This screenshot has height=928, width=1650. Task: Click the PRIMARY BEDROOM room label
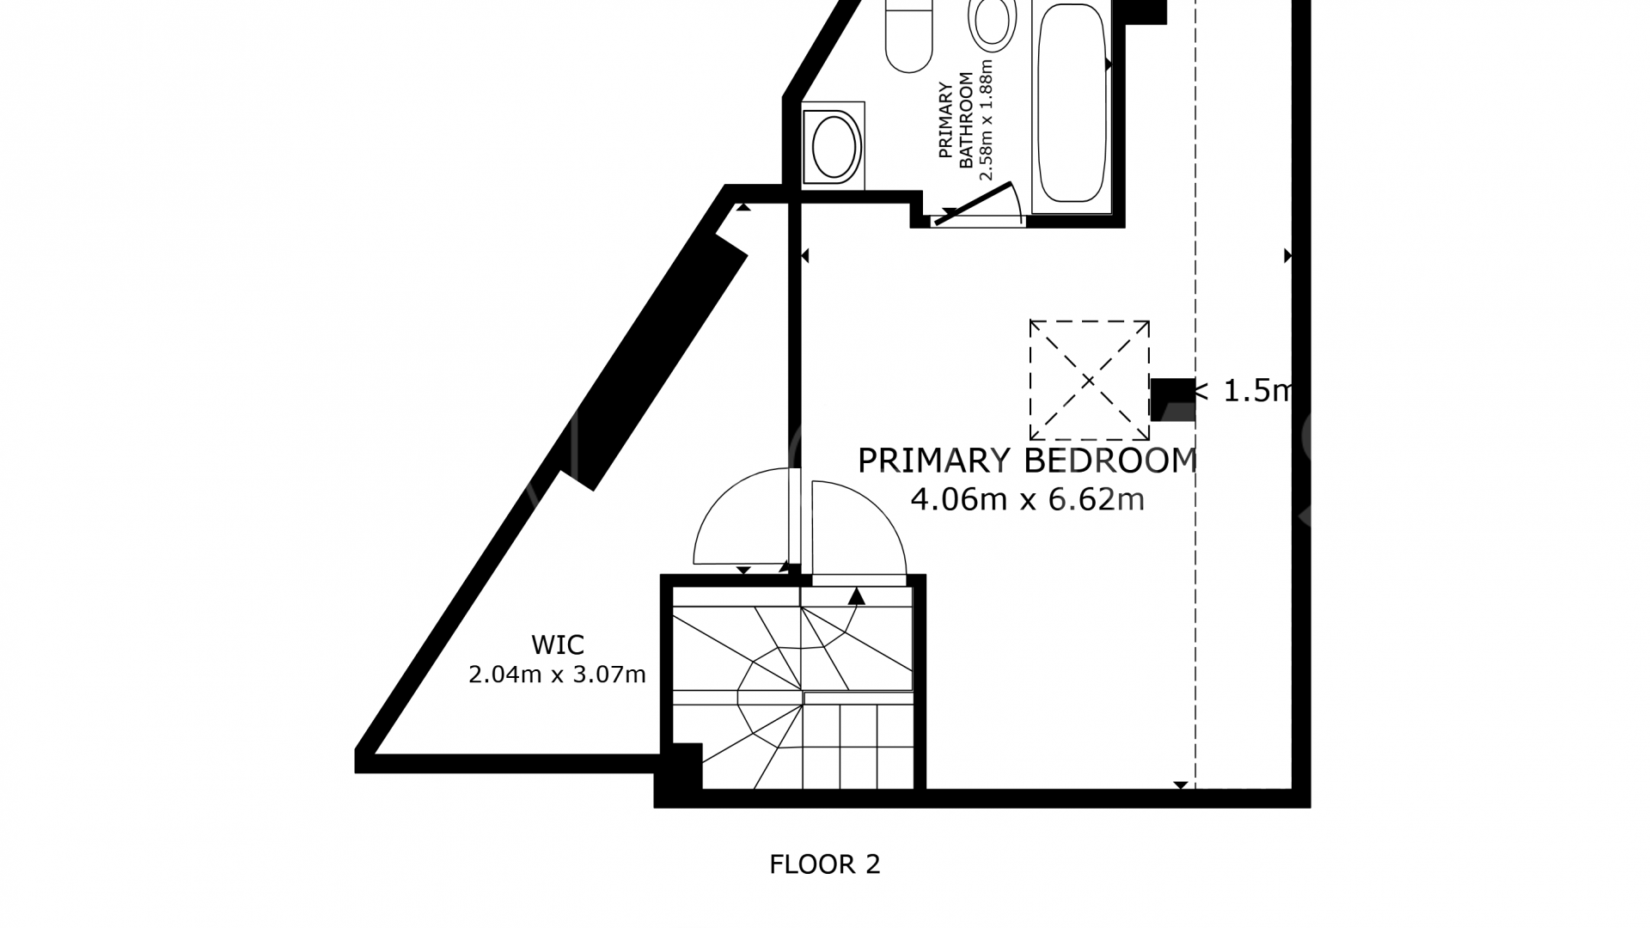point(1028,461)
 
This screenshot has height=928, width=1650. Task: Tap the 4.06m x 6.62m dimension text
point(1028,499)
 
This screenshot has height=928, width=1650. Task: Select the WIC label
point(558,644)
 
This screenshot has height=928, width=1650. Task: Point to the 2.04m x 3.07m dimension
point(557,675)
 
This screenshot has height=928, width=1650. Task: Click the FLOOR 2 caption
point(825,864)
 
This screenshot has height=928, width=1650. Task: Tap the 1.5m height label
point(1244,391)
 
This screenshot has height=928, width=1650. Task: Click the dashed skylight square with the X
point(1090,380)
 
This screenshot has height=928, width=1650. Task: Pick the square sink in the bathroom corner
point(834,145)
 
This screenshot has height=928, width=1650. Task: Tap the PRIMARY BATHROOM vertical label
point(955,120)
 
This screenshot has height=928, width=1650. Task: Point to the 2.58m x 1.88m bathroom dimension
point(986,119)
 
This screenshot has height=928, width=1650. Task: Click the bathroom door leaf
point(973,203)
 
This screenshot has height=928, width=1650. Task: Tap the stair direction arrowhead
point(856,596)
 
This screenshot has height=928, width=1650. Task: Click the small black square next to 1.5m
point(1172,400)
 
